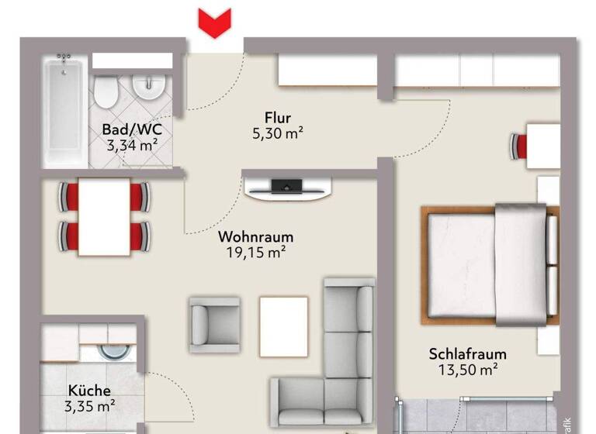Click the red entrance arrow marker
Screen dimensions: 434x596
click(x=215, y=22)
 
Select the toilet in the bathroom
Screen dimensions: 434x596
click(x=106, y=92)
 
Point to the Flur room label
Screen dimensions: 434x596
click(x=277, y=118)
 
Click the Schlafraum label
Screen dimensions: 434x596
click(x=463, y=354)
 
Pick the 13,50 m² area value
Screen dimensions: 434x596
click(x=463, y=370)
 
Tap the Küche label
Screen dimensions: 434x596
click(x=89, y=391)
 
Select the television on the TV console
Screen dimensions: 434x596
click(x=286, y=185)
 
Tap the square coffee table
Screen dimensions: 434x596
click(x=284, y=318)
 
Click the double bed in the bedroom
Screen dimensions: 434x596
click(x=489, y=263)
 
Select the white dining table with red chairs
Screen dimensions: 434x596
click(x=104, y=218)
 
